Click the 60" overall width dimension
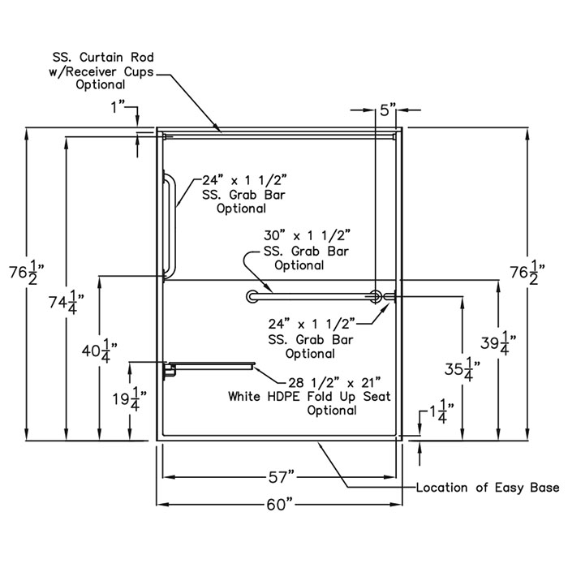(279, 504)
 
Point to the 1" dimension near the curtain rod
(118, 107)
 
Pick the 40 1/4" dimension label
(99, 351)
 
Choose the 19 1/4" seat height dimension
(129, 398)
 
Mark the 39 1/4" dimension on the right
(498, 343)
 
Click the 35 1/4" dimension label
(463, 369)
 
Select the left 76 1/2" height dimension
(27, 272)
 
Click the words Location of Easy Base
(488, 488)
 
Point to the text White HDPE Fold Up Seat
(309, 396)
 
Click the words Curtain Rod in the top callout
(117, 58)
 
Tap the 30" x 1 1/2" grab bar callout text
(308, 236)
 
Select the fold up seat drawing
(212, 366)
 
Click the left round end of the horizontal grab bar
(252, 296)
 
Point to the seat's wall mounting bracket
(169, 370)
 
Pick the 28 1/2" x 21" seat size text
(334, 382)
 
